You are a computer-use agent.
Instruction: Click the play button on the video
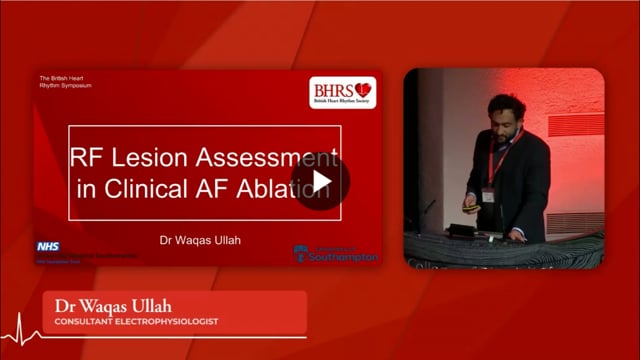[x=321, y=181]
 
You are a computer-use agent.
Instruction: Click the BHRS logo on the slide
[x=343, y=91]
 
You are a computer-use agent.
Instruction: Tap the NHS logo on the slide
[x=47, y=246]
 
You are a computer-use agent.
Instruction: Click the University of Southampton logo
[x=336, y=254]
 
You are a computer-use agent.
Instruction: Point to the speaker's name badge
[x=489, y=192]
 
